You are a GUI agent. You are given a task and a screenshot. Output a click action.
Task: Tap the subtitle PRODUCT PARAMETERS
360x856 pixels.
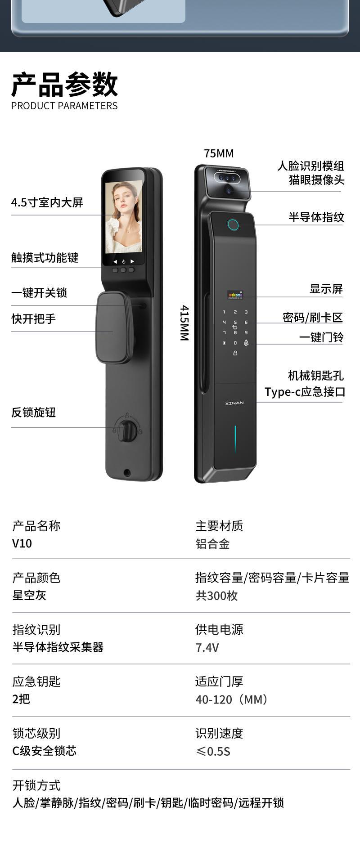coord(64,106)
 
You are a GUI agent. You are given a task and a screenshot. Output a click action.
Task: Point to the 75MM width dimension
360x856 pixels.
coord(219,153)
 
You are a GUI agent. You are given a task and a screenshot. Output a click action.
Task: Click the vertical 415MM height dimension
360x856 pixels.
coord(184,323)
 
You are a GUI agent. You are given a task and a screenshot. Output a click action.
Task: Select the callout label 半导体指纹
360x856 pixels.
coord(316,217)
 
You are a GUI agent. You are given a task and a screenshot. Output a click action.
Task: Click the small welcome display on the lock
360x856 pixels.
coord(235,295)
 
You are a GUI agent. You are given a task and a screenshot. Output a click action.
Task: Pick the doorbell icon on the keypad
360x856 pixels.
coord(246,343)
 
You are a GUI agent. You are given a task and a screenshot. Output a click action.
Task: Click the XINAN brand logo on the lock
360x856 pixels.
coord(234,403)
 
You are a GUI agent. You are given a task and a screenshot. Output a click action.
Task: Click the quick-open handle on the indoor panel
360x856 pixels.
coord(114,327)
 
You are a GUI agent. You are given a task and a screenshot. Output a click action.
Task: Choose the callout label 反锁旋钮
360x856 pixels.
coord(34,412)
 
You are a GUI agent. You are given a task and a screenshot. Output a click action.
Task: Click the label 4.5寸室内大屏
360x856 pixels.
coord(47,202)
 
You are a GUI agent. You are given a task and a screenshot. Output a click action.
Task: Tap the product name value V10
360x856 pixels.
coord(22,543)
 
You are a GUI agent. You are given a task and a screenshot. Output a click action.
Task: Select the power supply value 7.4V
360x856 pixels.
coord(207,647)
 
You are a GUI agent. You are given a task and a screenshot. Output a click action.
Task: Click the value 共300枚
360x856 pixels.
coord(216,596)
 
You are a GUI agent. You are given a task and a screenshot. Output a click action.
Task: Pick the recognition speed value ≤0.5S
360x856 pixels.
coord(213,751)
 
